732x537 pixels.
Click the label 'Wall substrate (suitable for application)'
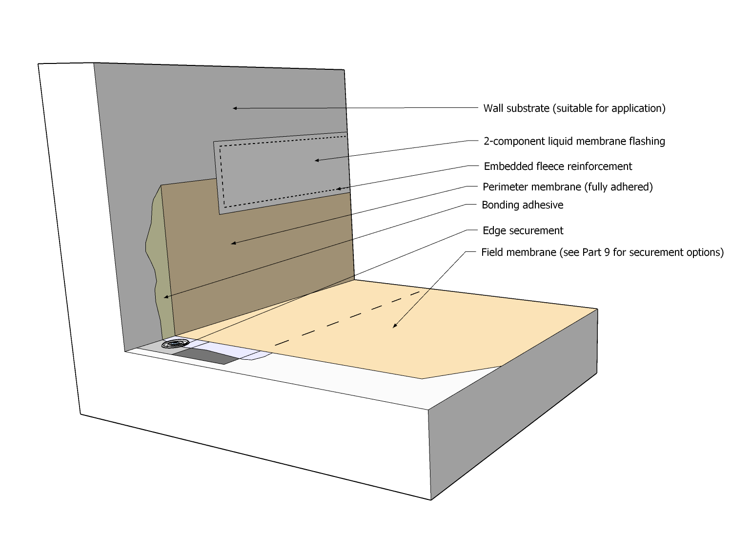574,108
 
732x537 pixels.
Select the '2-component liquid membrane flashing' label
574,142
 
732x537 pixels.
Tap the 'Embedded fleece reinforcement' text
558,166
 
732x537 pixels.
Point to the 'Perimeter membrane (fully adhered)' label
568,187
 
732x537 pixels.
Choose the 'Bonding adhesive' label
522,205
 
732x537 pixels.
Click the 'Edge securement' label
523,230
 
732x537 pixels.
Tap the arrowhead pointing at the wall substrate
235,108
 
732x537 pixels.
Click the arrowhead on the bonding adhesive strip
166,296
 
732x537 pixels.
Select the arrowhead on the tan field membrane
395,326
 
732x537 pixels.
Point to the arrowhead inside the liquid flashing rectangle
317,160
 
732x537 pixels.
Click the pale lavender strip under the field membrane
234,351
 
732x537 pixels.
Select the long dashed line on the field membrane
346,319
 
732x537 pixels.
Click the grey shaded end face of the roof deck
512,405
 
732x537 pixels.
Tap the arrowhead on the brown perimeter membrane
234,243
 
